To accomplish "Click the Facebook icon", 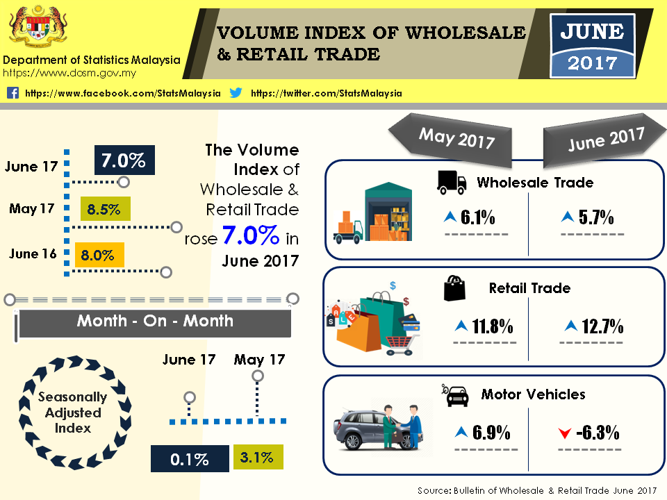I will (x=13, y=93).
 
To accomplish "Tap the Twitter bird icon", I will (x=236, y=93).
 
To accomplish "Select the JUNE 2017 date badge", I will (x=592, y=46).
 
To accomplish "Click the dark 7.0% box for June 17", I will (x=124, y=161).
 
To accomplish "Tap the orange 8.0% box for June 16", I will (x=98, y=255).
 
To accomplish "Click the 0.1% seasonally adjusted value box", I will (x=190, y=459).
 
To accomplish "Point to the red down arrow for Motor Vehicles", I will (x=564, y=434).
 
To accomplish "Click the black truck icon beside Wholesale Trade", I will (x=451, y=182).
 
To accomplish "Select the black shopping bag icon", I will (x=454, y=287).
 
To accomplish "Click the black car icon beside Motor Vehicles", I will (x=456, y=395).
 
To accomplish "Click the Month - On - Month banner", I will (x=154, y=321).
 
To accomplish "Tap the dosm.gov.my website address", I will (x=69, y=72).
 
